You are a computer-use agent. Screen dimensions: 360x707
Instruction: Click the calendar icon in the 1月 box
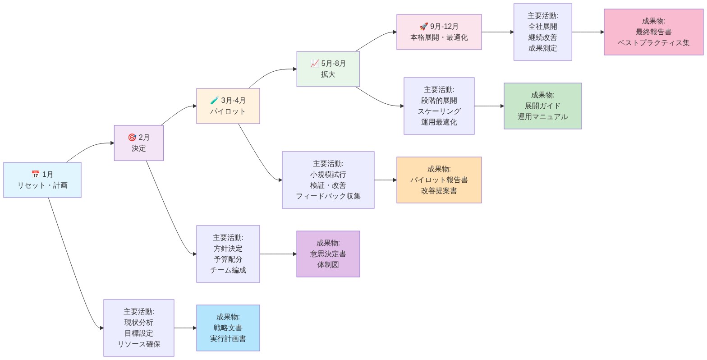tap(35, 175)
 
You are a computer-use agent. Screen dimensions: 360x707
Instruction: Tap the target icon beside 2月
tap(132, 138)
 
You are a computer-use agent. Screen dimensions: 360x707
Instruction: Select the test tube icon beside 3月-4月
tap(215, 101)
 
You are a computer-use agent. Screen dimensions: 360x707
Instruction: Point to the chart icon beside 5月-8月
tap(315, 64)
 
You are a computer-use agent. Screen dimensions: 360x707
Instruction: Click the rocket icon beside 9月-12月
tap(423, 27)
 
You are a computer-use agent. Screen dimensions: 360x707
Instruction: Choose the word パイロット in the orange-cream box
tap(228, 111)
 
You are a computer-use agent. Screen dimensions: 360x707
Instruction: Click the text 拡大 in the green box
tap(328, 74)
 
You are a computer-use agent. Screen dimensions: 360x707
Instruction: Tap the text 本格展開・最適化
tap(439, 37)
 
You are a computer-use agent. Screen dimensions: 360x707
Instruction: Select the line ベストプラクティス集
tap(653, 43)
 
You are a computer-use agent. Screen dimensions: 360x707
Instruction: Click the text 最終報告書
tap(653, 32)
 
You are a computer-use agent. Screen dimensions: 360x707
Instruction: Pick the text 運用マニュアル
tap(542, 117)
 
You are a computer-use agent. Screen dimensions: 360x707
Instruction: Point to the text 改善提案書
tap(439, 191)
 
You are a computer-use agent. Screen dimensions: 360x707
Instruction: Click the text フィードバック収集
tap(328, 196)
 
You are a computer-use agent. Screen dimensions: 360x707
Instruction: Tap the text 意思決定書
tap(328, 254)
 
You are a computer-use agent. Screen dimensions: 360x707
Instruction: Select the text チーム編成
tap(228, 270)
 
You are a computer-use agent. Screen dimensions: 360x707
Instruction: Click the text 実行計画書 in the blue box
tap(228, 339)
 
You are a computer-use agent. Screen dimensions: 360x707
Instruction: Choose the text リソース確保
tap(138, 344)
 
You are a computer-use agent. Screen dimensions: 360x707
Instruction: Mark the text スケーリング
tap(439, 111)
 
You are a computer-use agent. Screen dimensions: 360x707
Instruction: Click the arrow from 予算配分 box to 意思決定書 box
tap(278, 254)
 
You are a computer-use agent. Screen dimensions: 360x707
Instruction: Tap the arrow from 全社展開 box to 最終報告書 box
tap(588, 32)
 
